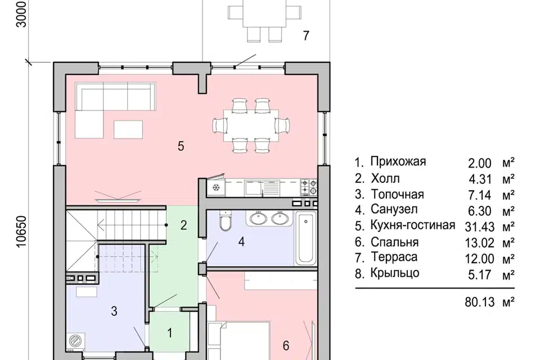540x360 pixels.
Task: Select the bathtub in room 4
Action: click(306, 238)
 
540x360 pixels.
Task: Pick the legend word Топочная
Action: click(397, 195)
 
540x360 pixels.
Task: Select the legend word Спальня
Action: click(394, 243)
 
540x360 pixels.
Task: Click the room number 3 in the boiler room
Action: click(114, 311)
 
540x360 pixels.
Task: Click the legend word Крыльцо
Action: click(395, 274)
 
